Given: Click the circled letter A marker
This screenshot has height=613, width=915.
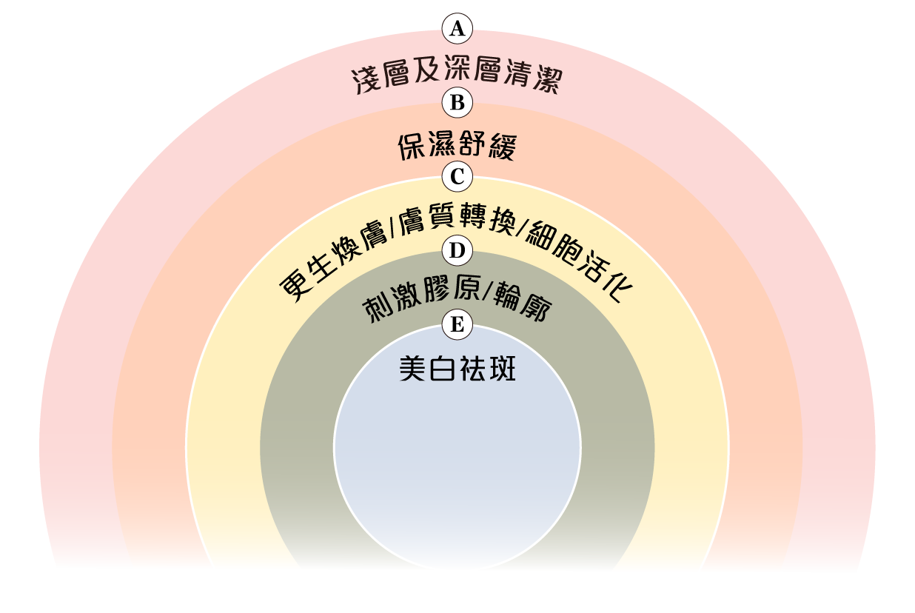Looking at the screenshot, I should [457, 29].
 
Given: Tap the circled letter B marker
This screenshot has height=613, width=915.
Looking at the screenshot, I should [457, 102].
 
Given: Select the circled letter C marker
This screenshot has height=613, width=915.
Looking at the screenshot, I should [457, 177].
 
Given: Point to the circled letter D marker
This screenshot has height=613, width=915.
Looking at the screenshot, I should [457, 251].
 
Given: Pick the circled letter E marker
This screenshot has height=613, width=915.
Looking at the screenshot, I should [457, 324].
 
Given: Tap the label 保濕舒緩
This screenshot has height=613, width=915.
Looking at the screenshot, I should [457, 147].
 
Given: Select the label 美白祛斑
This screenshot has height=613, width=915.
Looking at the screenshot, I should [457, 369].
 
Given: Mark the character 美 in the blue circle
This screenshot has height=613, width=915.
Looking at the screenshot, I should [413, 369].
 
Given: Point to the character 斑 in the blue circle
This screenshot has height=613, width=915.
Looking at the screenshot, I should [502, 369].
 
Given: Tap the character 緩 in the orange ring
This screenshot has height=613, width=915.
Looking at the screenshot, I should [502, 148].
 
